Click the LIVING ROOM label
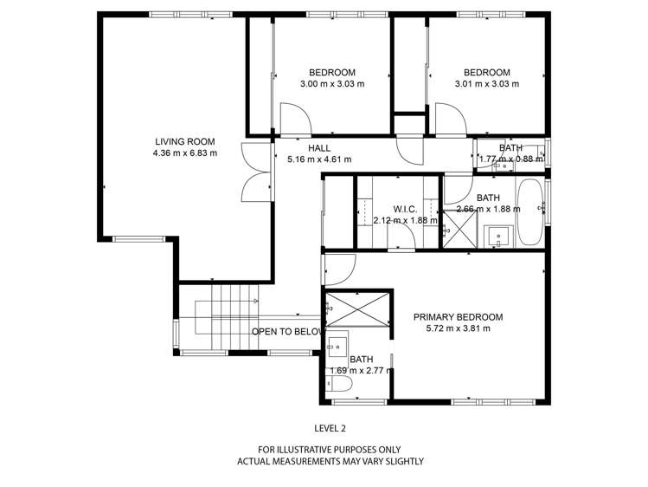pos(184,142)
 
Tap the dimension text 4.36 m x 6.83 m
pos(184,153)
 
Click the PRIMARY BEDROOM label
pos(458,317)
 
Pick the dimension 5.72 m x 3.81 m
pos(458,328)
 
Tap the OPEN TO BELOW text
pos(287,332)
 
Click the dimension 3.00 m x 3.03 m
pos(332,84)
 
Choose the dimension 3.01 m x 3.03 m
pos(486,84)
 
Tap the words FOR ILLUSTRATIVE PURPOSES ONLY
pos(330,450)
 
